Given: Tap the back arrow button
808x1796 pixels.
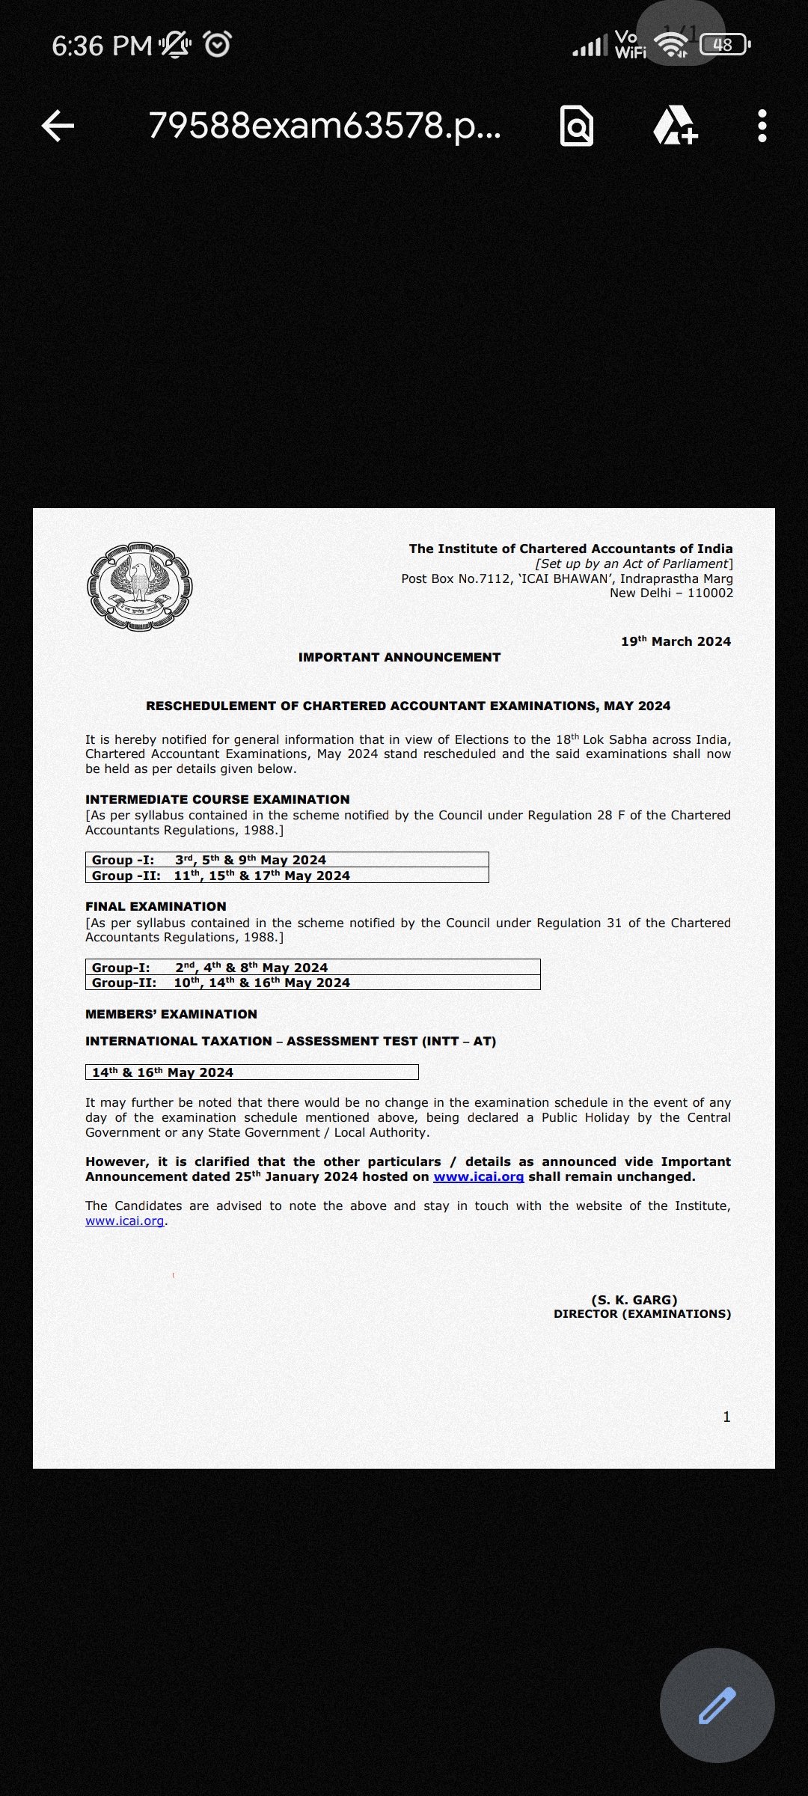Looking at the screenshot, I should [x=58, y=126].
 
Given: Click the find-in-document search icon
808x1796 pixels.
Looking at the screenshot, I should [x=577, y=126].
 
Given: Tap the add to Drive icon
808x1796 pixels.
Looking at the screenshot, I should [x=675, y=126].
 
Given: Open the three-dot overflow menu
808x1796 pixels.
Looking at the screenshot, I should [x=762, y=126].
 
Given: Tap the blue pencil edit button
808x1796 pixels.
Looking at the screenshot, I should [x=717, y=1705].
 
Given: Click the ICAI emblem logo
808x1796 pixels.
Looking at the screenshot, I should [x=140, y=587].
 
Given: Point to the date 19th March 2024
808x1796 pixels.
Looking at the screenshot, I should [x=676, y=641].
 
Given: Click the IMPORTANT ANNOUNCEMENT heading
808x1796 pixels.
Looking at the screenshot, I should [x=400, y=657].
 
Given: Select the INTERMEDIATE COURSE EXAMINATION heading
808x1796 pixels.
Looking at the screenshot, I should [x=218, y=799].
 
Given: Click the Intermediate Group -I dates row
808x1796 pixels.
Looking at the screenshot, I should [x=287, y=860].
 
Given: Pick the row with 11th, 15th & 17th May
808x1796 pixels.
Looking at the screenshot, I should [x=287, y=876].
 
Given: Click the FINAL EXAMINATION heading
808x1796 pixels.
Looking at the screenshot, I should [x=156, y=906].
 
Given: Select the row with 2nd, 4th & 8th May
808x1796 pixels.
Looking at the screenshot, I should [x=313, y=967].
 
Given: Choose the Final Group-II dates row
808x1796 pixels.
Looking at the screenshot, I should [x=313, y=983].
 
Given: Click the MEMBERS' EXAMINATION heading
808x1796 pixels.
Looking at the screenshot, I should [x=171, y=1014].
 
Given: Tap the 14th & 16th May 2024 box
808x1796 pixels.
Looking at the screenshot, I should [x=251, y=1072].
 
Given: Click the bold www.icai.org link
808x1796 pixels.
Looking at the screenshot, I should [x=478, y=1176].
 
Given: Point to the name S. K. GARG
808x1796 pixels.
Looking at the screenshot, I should [x=634, y=1300].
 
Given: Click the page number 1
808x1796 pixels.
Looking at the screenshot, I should [x=726, y=1417].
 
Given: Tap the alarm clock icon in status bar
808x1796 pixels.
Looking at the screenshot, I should [x=218, y=45].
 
